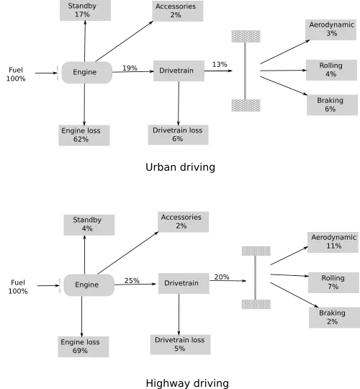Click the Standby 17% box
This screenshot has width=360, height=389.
[85, 10]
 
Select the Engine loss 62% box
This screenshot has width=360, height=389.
[84, 135]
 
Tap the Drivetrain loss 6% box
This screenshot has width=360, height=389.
[179, 135]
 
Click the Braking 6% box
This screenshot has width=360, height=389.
[332, 105]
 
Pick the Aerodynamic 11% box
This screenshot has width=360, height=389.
[333, 242]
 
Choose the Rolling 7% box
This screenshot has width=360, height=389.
[333, 282]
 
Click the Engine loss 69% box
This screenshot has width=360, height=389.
[84, 346]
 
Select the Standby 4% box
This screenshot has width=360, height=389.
[89, 225]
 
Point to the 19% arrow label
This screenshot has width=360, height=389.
[130, 68]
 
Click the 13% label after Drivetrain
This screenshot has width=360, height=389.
[220, 65]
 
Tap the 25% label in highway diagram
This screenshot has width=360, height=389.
[132, 281]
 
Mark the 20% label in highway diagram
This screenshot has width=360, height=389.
[222, 277]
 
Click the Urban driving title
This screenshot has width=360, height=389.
[180, 167]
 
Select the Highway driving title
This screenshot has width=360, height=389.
[187, 383]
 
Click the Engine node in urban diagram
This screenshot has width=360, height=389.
[87, 73]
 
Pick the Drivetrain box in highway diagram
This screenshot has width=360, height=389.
[184, 283]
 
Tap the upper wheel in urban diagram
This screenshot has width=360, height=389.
[246, 37]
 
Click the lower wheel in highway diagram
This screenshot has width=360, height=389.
[256, 305]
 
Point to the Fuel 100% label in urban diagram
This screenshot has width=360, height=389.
[16, 74]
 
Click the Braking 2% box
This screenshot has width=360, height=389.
[335, 318]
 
